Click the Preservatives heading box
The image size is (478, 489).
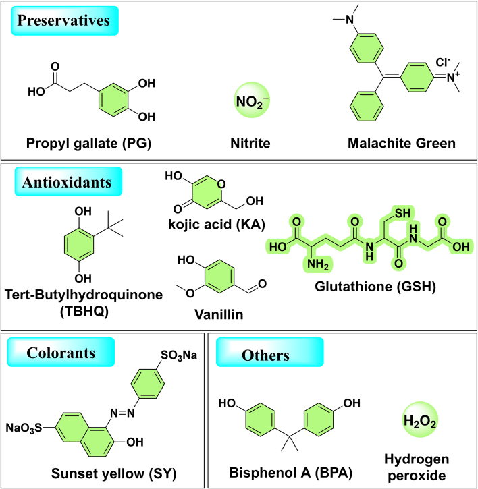tap(63, 21)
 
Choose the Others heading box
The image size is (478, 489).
tap(268, 354)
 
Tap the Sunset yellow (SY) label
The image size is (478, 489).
tap(113, 474)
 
